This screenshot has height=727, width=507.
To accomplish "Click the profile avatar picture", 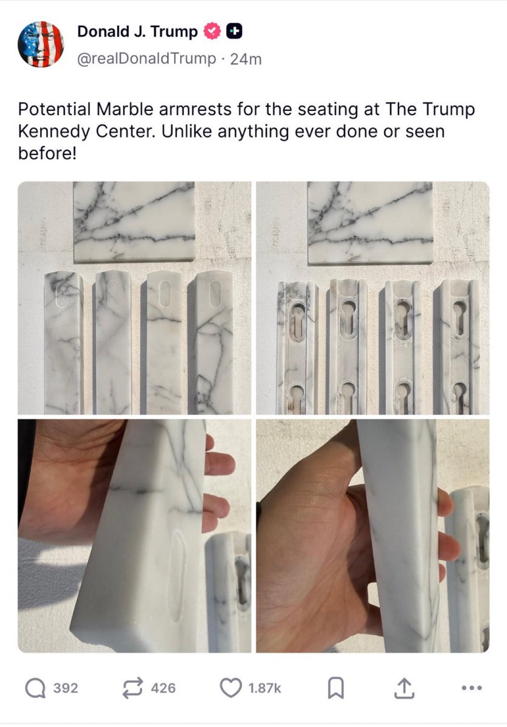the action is point(41,44).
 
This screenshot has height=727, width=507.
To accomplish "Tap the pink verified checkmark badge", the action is point(212,31).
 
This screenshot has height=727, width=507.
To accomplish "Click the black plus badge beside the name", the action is point(234,31).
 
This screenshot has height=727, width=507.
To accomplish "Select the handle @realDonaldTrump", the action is point(146,59).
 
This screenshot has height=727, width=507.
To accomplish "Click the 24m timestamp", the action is point(246,59).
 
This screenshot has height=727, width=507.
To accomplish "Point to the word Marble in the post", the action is point(125,109).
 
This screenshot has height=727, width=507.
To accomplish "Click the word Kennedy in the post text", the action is point(54,131).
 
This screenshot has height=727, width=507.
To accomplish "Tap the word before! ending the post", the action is point(47,153).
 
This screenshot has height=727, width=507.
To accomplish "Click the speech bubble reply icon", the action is point(35,688).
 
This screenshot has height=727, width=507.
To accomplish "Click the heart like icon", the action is point(231,687).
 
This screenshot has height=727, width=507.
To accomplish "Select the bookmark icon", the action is point(336,688).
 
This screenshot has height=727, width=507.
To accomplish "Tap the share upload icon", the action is point(404,688).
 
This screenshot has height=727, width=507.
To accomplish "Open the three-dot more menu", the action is point(472,687).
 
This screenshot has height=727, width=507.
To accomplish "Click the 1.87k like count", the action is point(265,688).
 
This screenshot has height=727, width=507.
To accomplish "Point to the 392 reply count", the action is point(65,688).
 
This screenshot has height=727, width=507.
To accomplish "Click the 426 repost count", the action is point(163,688).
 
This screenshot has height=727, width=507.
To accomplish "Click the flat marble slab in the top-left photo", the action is point(134,221).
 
